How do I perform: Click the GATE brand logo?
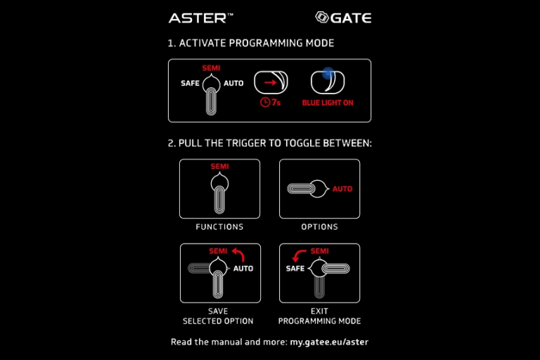click(x=343, y=18)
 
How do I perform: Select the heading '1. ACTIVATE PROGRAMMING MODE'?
click(x=250, y=44)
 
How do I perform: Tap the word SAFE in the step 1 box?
click(x=190, y=84)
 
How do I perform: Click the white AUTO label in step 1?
click(x=233, y=84)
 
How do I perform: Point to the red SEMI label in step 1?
click(x=211, y=68)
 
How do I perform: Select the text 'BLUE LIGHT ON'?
click(x=327, y=103)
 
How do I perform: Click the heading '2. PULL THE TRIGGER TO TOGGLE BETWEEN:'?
click(x=269, y=143)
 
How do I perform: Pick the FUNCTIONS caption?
click(x=219, y=227)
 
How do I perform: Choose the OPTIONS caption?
click(x=319, y=227)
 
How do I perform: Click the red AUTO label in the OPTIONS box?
click(x=342, y=189)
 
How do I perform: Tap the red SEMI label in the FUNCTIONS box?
click(x=219, y=167)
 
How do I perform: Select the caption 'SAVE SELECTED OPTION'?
click(x=219, y=316)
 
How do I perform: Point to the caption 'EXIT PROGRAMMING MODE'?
click(x=319, y=316)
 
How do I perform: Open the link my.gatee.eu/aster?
click(x=329, y=342)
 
